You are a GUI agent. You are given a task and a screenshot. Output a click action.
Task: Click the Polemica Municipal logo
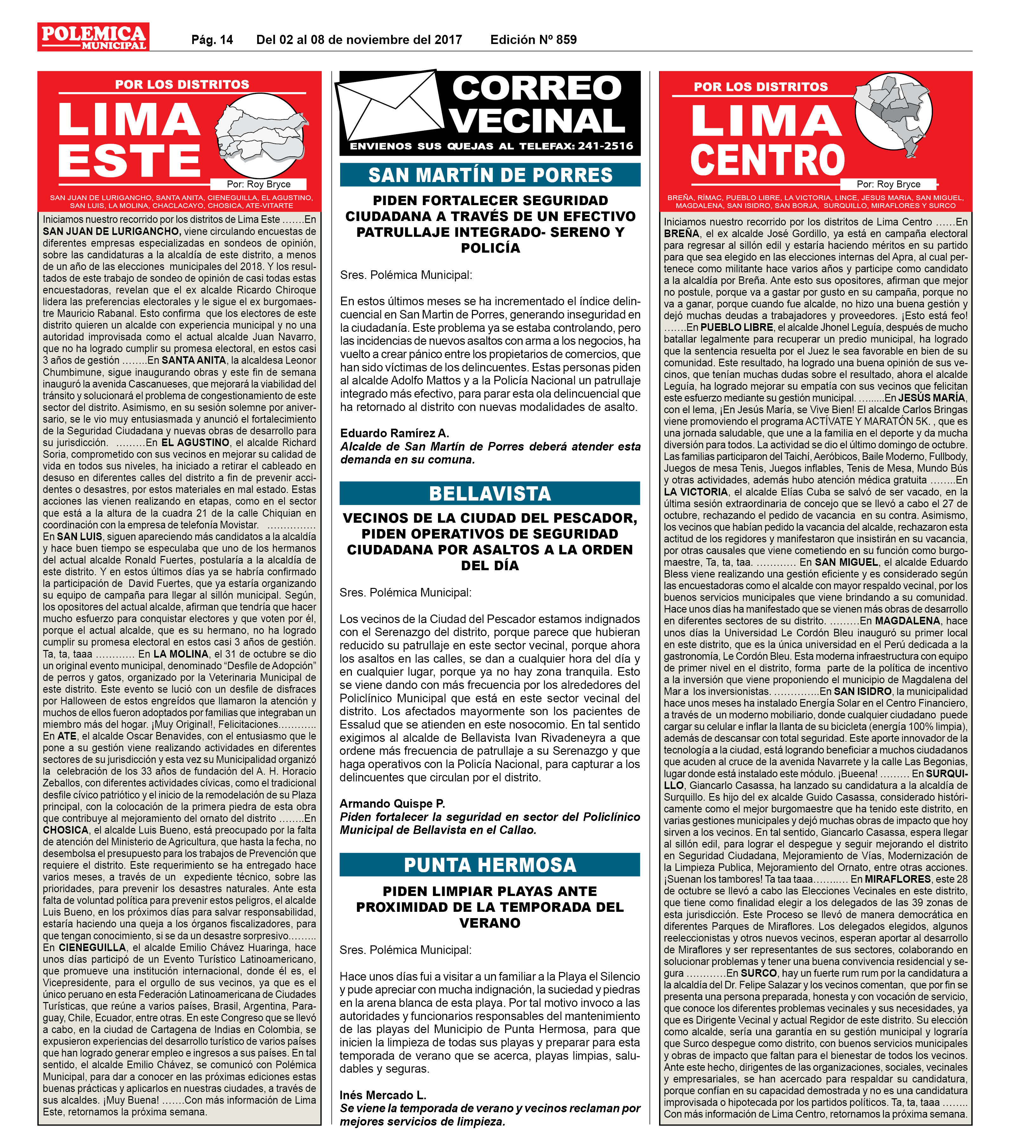coord(93,37)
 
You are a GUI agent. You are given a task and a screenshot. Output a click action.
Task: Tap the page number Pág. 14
coord(212,40)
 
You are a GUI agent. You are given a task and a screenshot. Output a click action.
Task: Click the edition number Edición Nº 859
coord(533,40)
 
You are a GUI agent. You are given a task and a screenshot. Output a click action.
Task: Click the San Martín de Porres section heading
coord(490,175)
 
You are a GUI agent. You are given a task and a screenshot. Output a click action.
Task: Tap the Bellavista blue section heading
coord(490,494)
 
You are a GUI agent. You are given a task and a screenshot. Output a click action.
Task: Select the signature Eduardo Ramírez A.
coord(394,433)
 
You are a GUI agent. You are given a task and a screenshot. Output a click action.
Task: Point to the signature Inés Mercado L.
coord(383,1094)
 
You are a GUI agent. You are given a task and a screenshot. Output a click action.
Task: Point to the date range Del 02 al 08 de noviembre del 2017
coord(359,40)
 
